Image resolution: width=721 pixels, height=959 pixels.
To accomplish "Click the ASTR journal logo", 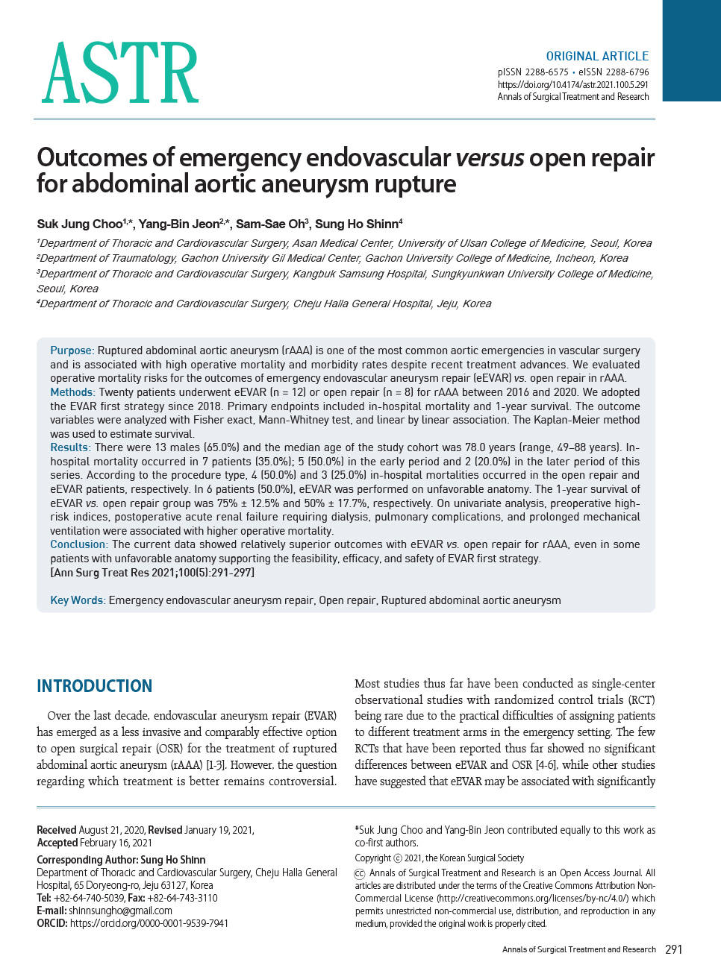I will (x=120, y=73).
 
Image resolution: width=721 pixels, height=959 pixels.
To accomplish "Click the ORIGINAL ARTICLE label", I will (x=597, y=56).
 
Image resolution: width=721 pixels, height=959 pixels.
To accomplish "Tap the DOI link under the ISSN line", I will (x=572, y=85).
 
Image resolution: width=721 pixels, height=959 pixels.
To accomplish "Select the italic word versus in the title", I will (x=490, y=158).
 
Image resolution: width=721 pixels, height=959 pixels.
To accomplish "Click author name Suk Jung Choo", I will (x=80, y=224).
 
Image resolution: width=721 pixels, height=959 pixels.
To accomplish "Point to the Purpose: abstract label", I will (x=72, y=350).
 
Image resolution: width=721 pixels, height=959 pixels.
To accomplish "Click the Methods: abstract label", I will (x=72, y=392).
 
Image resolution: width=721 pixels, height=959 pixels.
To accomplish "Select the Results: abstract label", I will (x=70, y=447).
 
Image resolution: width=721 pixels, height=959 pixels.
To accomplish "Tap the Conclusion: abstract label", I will (x=79, y=544).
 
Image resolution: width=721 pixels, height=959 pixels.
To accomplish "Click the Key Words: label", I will (x=78, y=600).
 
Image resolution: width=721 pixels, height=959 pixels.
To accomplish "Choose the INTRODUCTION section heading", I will (x=95, y=686).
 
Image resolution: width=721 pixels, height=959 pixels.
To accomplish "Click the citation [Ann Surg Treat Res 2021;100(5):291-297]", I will (x=152, y=572).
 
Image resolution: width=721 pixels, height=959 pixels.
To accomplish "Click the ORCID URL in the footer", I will (x=149, y=923).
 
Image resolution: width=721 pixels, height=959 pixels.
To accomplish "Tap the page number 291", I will (x=673, y=949).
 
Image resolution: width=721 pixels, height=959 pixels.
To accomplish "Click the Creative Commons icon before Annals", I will (x=360, y=873).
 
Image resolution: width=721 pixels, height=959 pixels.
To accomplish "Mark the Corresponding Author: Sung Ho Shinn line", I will (x=121, y=860).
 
